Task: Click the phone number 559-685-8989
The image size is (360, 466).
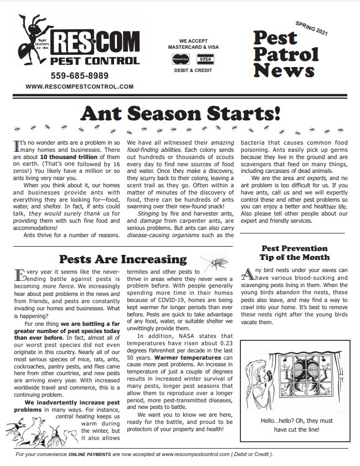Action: [79, 75]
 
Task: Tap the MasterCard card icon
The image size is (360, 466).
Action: [179, 58]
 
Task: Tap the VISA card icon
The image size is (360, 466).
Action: [205, 58]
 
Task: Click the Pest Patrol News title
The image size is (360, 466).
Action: [286, 54]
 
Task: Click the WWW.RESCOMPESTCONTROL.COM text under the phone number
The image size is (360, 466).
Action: [79, 87]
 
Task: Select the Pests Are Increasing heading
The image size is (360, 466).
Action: [122, 259]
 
